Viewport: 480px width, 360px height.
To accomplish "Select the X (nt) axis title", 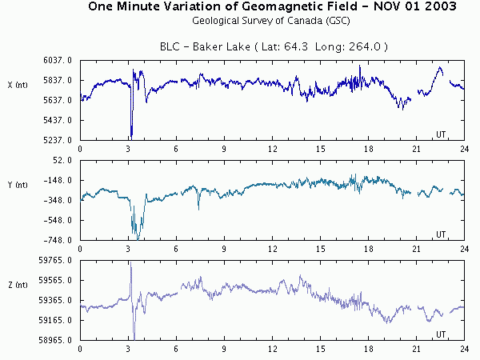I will tap(18, 84).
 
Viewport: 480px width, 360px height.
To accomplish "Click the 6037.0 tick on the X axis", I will tap(60, 60).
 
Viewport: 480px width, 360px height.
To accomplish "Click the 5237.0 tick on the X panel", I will tap(60, 140).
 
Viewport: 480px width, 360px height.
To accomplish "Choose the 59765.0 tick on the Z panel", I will tap(58, 260).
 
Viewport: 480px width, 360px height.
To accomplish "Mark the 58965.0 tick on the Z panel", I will tap(58, 340).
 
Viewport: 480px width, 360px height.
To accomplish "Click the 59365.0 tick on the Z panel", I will tap(58, 300).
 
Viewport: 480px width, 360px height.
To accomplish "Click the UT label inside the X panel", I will tap(440, 133).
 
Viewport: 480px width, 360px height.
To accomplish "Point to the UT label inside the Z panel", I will tap(440, 333).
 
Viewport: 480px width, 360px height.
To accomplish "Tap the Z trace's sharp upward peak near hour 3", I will tap(130, 263).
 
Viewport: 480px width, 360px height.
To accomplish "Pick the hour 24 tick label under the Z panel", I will tap(464, 349).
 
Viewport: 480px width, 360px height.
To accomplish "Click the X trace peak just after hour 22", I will tap(439, 68).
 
